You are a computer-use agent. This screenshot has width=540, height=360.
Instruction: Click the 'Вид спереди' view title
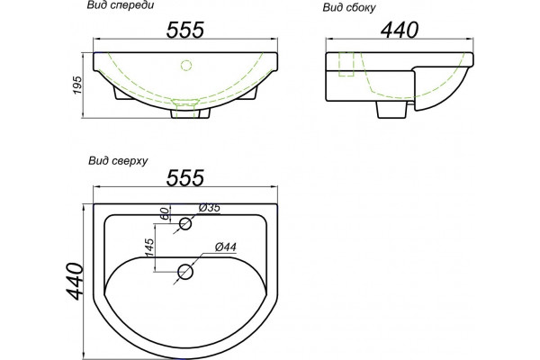[121, 6]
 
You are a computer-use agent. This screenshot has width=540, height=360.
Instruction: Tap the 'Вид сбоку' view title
[349, 8]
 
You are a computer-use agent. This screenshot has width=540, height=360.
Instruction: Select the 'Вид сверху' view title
[118, 161]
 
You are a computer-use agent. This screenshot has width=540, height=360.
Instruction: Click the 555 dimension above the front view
[185, 30]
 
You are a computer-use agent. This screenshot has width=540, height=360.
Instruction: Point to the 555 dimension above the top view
[185, 178]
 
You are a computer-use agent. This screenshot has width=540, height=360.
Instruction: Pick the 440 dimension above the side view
[400, 30]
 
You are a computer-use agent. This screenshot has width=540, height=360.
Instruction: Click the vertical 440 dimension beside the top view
[75, 281]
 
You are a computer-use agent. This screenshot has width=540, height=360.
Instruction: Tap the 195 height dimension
[77, 85]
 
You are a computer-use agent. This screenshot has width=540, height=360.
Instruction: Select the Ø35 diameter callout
[210, 208]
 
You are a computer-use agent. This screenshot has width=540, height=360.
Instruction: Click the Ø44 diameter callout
[226, 247]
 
